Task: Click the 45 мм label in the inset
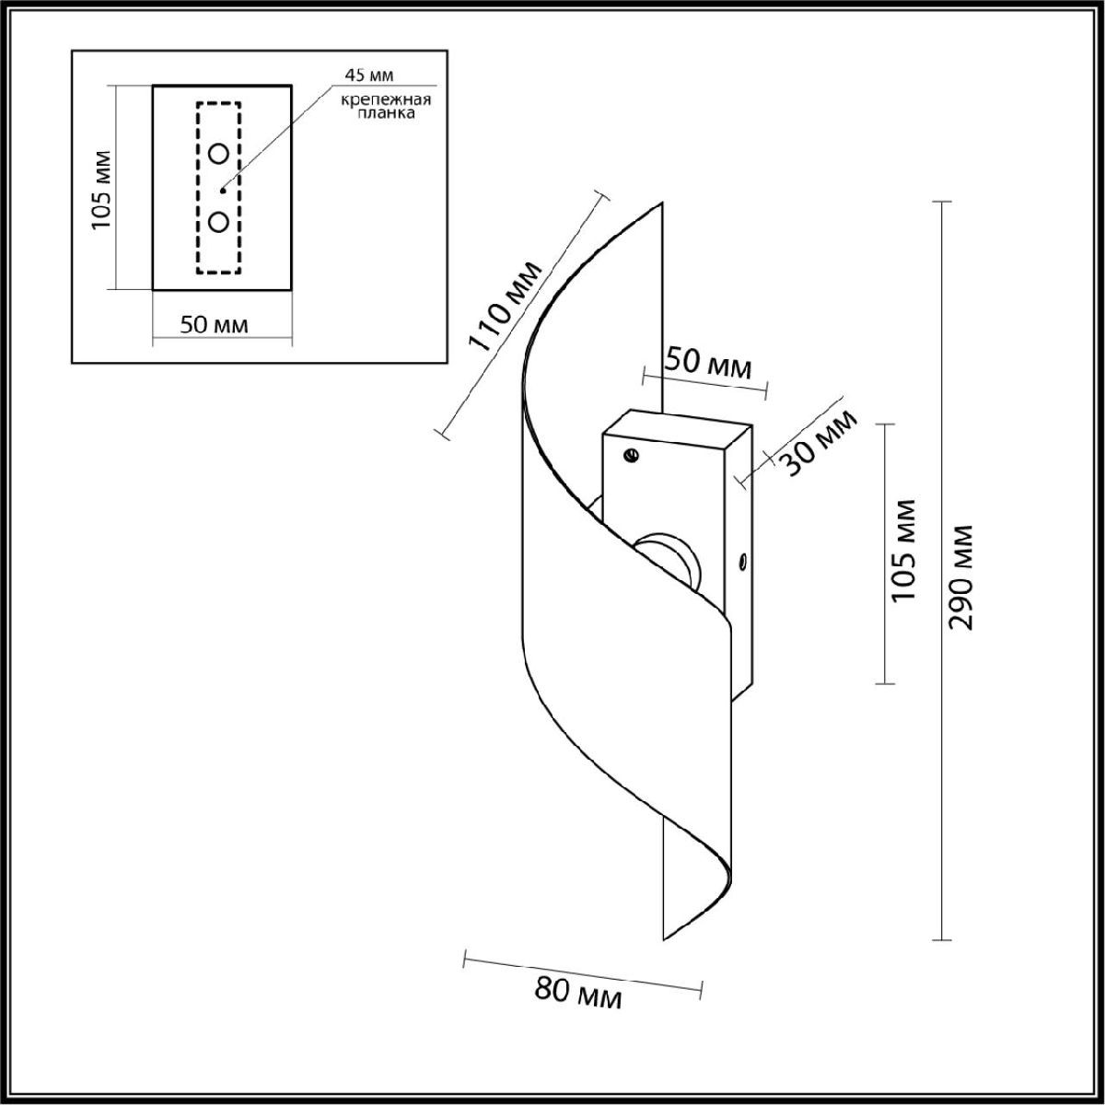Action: click(x=369, y=75)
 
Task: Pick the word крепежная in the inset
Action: click(x=386, y=99)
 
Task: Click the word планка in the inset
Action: click(x=386, y=113)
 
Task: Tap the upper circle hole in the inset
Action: click(x=218, y=154)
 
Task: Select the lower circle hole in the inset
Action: click(x=218, y=221)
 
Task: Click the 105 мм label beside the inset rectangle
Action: click(x=101, y=190)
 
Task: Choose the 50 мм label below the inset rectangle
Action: click(x=214, y=325)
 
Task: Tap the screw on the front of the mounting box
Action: click(x=632, y=456)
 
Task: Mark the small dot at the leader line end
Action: click(x=223, y=190)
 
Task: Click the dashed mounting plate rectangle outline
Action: click(x=218, y=188)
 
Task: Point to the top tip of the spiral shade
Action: click(x=663, y=203)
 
